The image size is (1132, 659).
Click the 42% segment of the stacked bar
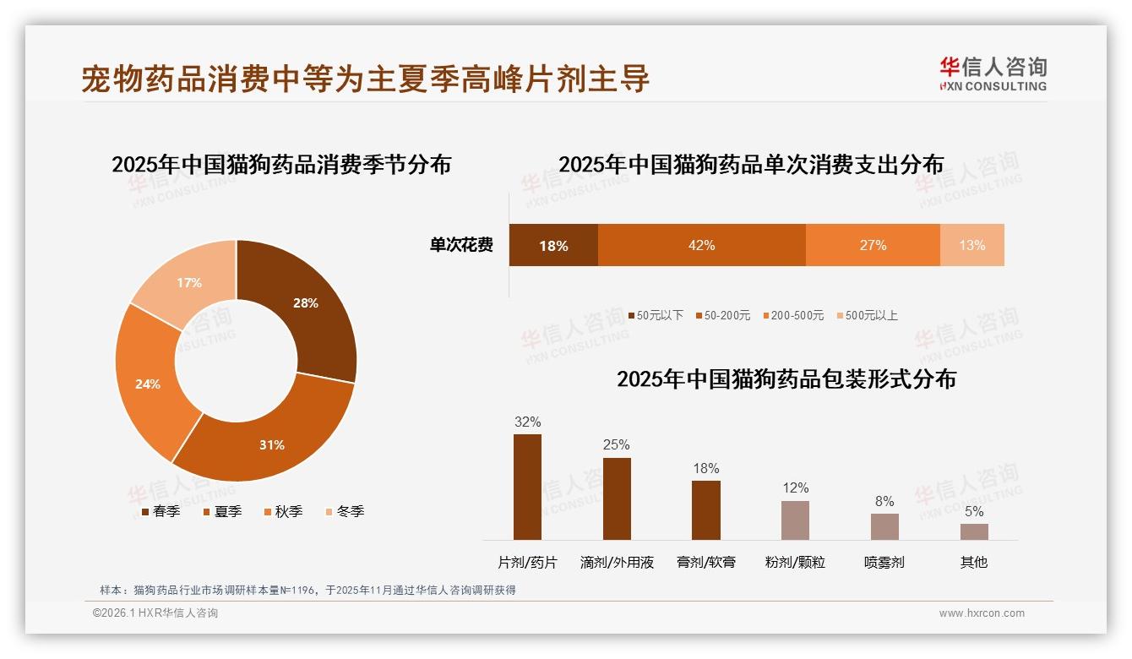701,245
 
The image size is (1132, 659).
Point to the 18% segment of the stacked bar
553,245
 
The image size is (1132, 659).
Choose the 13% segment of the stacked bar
971,245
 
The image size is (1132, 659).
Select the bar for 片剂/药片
527,487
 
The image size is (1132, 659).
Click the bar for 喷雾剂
884,526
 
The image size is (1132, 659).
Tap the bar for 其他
974,531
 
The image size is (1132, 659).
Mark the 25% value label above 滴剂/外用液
616,444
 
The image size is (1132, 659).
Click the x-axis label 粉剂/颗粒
795,562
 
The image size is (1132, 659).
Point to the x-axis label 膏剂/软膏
706,562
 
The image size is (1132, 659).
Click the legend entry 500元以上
871,315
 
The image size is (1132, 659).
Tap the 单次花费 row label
461,245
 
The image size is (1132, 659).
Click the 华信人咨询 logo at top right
993,74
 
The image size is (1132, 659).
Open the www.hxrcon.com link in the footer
982,613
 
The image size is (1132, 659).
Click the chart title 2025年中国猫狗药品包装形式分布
786,379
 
